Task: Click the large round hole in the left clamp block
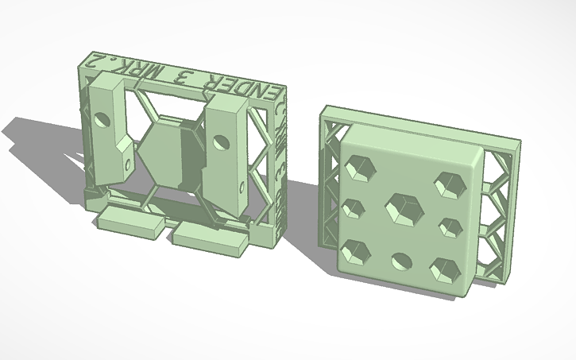coord(102,120)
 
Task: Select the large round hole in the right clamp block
coord(221,143)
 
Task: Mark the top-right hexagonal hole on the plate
coord(449,184)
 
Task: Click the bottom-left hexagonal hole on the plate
coord(354,249)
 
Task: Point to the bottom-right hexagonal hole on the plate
coord(445,269)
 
